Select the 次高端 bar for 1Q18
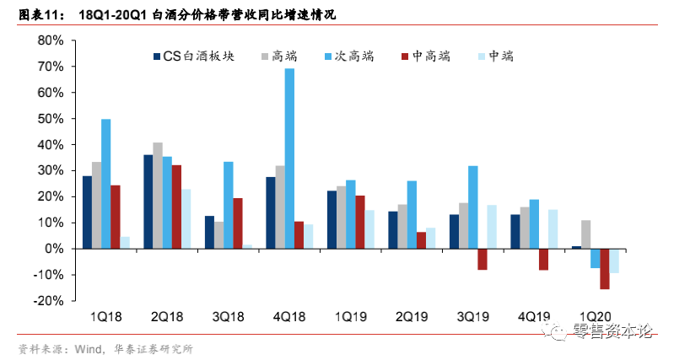point(106,184)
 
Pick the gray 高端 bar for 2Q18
point(158,196)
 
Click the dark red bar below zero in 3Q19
point(483,259)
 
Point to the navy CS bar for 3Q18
point(209,232)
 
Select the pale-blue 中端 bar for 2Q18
point(186,218)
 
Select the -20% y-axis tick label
point(50,301)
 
